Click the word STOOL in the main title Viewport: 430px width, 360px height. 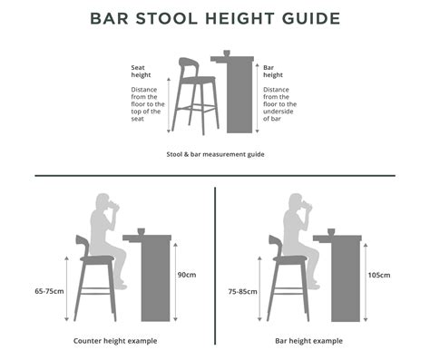(167, 18)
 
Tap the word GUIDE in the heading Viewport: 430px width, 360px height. (311, 18)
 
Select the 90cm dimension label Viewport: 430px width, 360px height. (187, 275)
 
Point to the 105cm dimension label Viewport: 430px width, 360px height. (379, 275)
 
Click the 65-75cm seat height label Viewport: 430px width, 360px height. (49, 291)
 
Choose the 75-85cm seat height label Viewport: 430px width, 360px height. (242, 292)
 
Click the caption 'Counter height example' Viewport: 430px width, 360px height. (115, 341)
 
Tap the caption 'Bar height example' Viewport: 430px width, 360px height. (308, 341)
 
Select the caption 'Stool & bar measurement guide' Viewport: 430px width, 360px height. (215, 154)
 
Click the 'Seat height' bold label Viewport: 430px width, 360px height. (141, 72)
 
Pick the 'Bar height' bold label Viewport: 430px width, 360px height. (273, 72)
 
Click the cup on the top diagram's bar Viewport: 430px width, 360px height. (227, 54)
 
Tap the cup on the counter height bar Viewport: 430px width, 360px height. (142, 231)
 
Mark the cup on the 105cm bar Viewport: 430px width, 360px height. (331, 232)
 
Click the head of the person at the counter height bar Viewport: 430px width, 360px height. (103, 201)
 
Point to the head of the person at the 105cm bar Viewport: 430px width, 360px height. (295, 201)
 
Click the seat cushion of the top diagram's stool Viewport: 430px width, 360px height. (199, 80)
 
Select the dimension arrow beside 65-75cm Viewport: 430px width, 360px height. (67, 288)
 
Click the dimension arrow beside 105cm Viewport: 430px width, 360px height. (366, 282)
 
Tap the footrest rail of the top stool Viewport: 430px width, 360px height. (197, 108)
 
